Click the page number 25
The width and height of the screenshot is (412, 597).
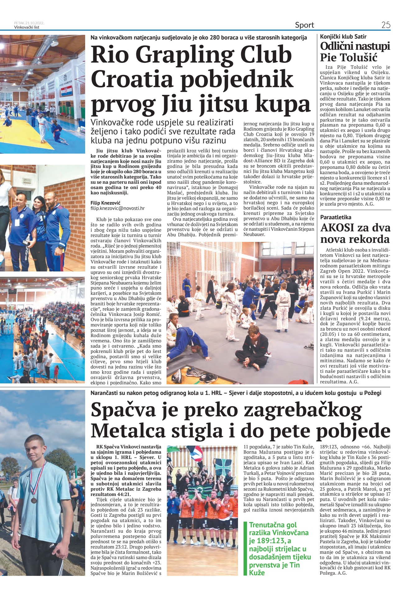point(386,25)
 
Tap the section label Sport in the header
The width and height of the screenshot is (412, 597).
point(304,25)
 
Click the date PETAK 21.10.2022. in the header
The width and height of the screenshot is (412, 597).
point(29,23)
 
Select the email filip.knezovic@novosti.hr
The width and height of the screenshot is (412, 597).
point(117,209)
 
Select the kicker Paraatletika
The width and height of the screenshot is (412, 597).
point(336,217)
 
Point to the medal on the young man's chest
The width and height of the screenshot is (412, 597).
point(34,500)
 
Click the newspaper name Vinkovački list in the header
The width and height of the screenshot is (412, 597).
point(27,27)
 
